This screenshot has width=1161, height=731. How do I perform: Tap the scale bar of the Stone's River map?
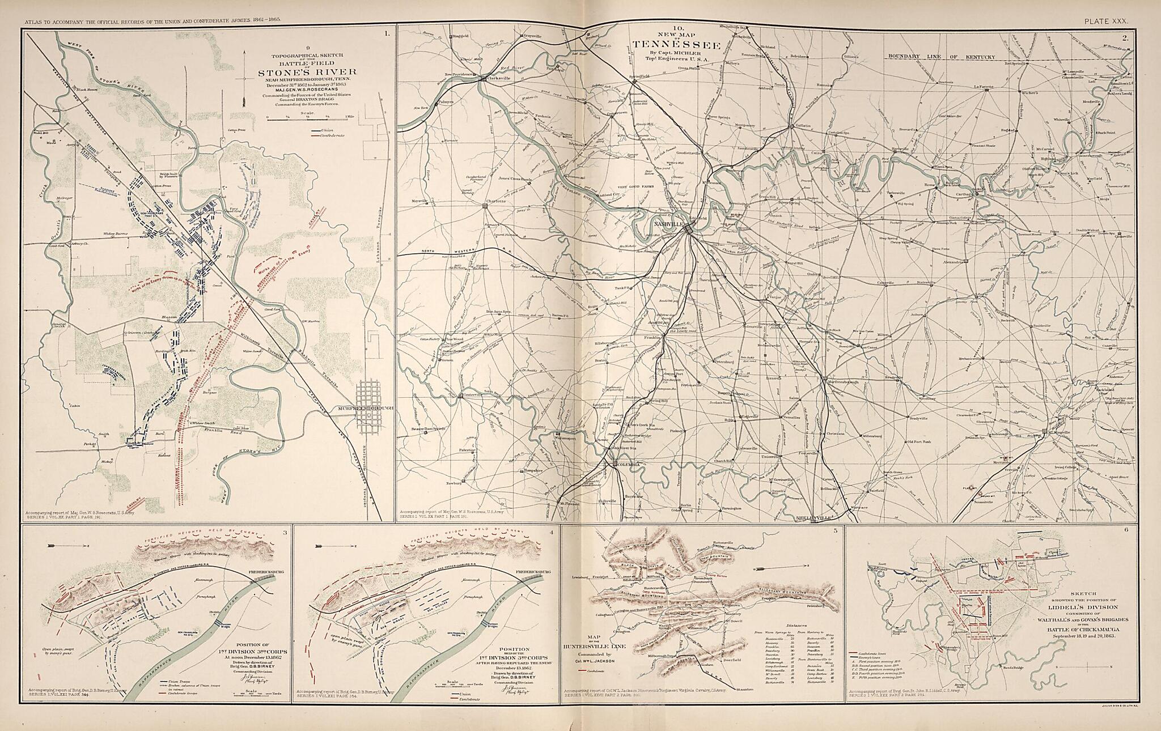(307, 118)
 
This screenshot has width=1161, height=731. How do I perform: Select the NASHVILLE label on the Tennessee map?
(667, 224)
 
